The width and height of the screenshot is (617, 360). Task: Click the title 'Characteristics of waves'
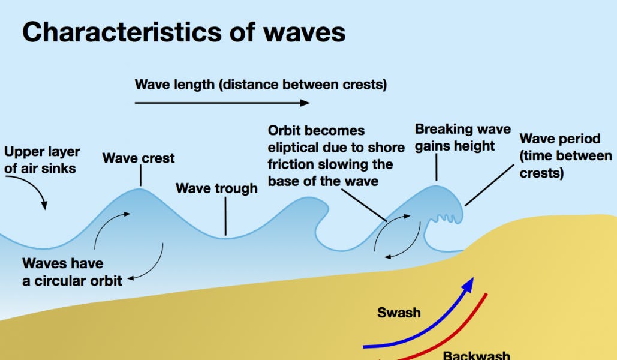[x=183, y=31]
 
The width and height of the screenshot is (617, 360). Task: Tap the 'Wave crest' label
[x=139, y=158]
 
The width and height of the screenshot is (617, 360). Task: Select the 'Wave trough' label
[x=216, y=188]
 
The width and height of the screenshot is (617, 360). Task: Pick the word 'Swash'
[x=399, y=313]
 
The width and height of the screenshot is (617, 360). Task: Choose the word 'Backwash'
[x=477, y=355]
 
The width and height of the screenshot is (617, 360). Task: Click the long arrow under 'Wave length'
[x=222, y=103]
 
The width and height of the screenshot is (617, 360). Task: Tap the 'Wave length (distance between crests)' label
[x=261, y=84]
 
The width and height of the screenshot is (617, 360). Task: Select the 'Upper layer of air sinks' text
[x=42, y=160]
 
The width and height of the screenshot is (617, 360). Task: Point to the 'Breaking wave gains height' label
[x=462, y=137]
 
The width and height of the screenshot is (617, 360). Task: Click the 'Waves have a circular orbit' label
[x=72, y=272]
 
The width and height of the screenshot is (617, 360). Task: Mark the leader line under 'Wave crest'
[x=140, y=176]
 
